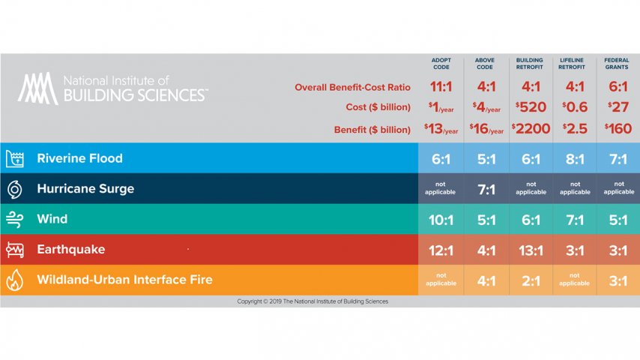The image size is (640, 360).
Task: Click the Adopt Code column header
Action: click(x=441, y=64)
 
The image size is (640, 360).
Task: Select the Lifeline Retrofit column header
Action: click(x=575, y=64)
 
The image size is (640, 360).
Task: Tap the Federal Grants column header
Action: click(x=619, y=64)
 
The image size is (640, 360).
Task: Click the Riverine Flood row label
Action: click(x=79, y=158)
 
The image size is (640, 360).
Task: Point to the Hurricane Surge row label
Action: click(x=85, y=189)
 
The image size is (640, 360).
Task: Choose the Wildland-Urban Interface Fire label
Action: click(x=124, y=280)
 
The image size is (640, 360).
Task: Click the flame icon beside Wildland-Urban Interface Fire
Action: click(x=15, y=280)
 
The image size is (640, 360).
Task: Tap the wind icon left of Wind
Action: click(x=15, y=219)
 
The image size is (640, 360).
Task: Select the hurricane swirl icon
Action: click(x=15, y=189)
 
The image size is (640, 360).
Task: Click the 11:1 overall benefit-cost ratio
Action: click(x=441, y=87)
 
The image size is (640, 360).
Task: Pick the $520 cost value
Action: click(x=531, y=107)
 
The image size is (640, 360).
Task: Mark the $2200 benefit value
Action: click(x=531, y=129)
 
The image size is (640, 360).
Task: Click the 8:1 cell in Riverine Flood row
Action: click(x=575, y=159)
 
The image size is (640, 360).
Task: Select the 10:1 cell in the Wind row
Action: click(x=441, y=220)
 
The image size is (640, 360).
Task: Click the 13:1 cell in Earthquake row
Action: click(x=531, y=250)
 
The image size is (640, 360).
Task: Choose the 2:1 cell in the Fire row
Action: click(x=531, y=280)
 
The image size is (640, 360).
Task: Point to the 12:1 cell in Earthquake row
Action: click(x=441, y=250)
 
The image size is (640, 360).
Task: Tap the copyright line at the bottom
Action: click(x=313, y=301)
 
